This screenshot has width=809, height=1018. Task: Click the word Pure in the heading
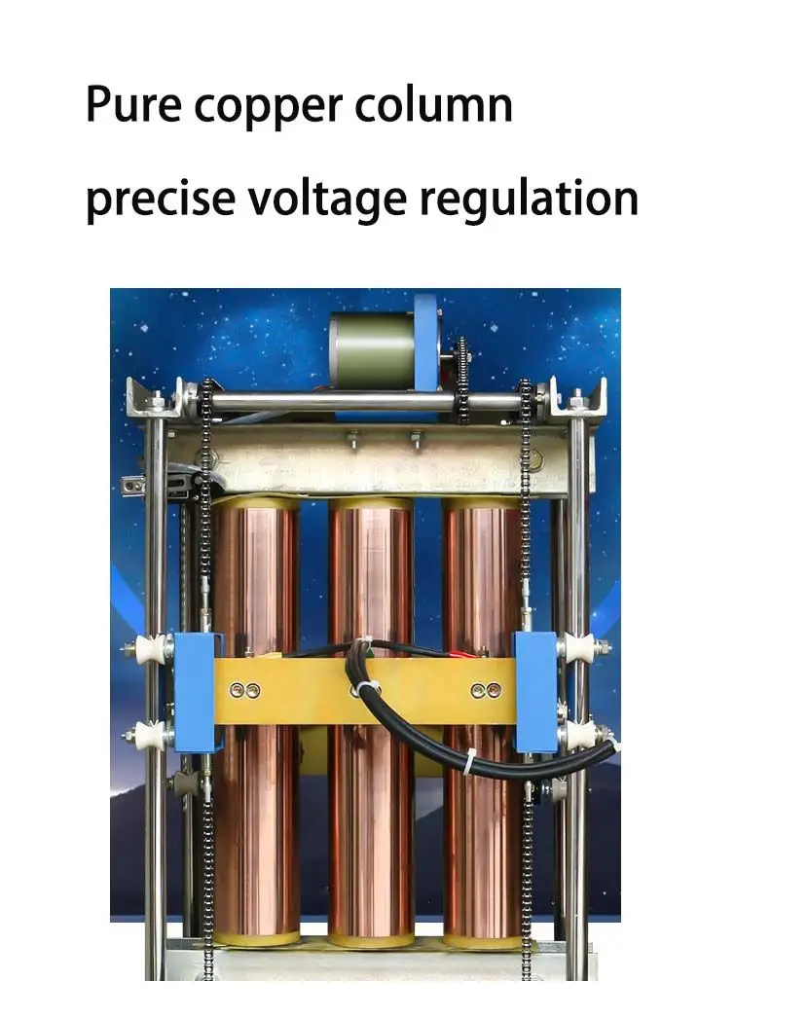coord(132,105)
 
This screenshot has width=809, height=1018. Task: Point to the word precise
coord(161,199)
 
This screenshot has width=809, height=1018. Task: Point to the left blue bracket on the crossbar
coord(197,691)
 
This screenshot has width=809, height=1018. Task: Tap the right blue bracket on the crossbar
coord(535,691)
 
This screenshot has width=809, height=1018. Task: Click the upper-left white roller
coord(153,649)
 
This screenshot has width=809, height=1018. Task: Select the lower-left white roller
coord(153,735)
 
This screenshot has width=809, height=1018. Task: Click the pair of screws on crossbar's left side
coord(243,690)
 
